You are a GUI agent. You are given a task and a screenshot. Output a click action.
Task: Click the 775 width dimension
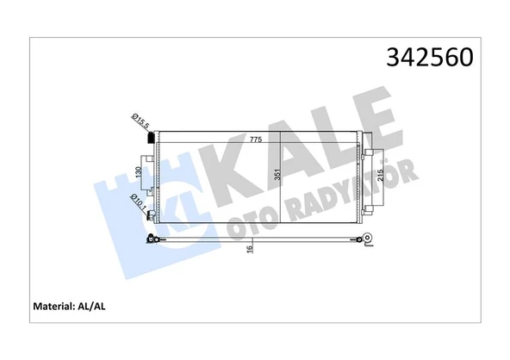256,140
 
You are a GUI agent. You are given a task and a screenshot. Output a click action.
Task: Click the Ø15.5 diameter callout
140,121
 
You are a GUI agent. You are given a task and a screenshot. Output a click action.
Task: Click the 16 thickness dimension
249,248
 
